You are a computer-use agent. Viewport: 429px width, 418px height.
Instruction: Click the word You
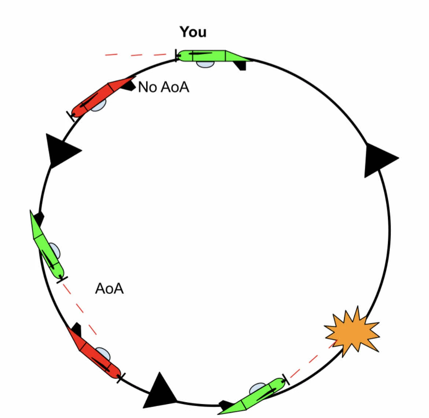pyautogui.click(x=193, y=32)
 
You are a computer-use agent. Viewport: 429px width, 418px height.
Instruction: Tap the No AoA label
pyautogui.click(x=164, y=87)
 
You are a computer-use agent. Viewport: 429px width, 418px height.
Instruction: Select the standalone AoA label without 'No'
pyautogui.click(x=109, y=289)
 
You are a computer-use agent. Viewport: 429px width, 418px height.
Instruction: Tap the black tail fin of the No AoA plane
pyautogui.click(x=128, y=86)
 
